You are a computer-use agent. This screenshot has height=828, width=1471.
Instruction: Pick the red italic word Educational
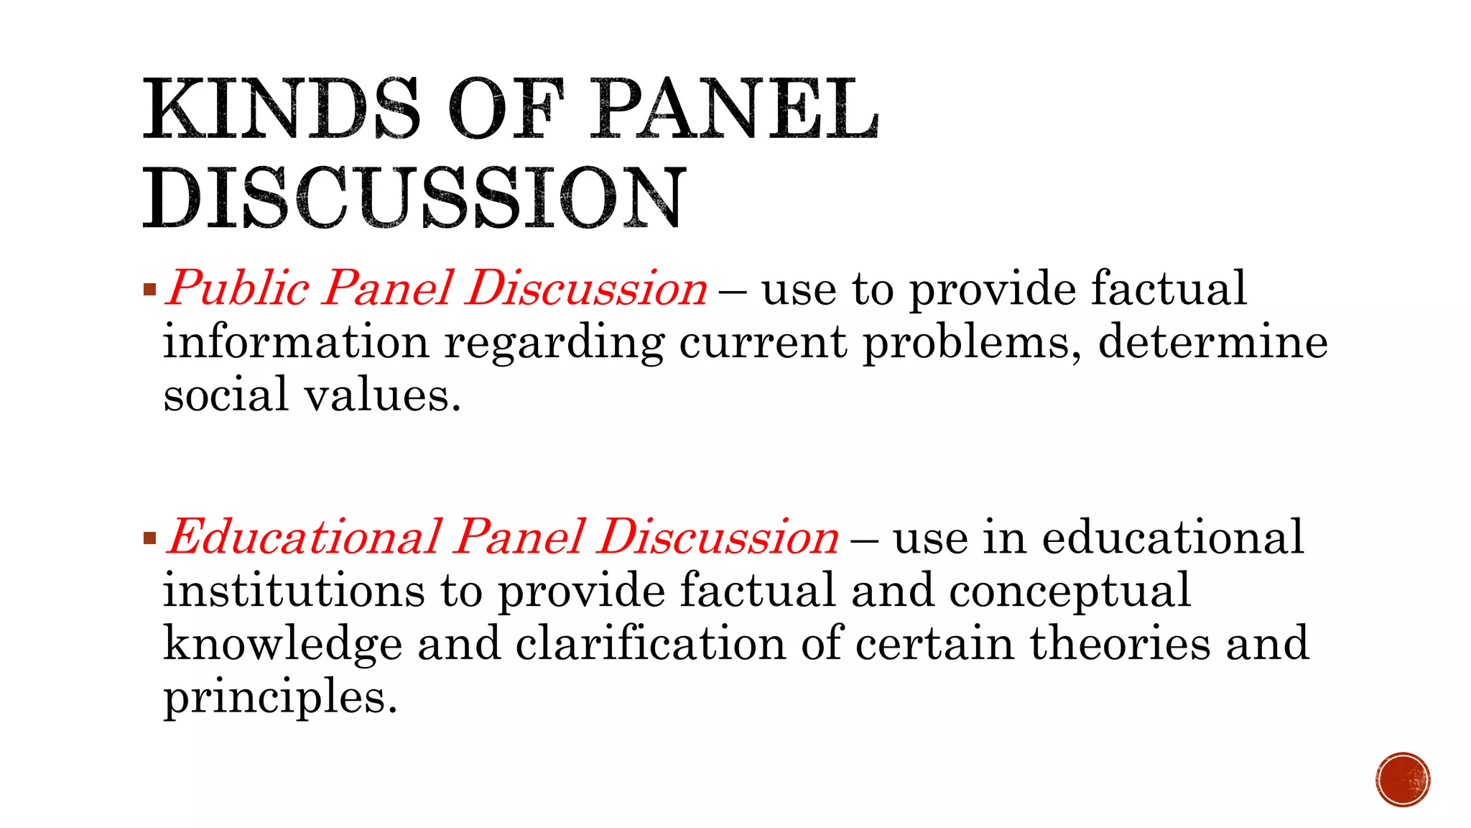[x=305, y=538]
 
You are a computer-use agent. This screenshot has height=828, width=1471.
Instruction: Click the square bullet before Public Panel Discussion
[x=149, y=290]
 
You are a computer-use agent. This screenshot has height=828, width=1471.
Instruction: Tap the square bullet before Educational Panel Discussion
[x=149, y=538]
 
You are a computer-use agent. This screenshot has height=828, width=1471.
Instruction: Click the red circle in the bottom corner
[x=1403, y=780]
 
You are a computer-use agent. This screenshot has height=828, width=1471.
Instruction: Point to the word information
[x=296, y=341]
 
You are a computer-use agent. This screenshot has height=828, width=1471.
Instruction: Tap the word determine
[x=1213, y=341]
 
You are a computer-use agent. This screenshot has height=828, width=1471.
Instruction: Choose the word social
[x=226, y=395]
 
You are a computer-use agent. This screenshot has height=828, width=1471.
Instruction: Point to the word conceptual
[x=1070, y=592]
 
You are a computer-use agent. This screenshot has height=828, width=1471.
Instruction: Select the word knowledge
[x=282, y=644]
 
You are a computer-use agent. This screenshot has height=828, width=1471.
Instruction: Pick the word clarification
[x=651, y=643]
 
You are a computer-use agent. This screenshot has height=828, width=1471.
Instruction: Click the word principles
[x=280, y=697]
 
